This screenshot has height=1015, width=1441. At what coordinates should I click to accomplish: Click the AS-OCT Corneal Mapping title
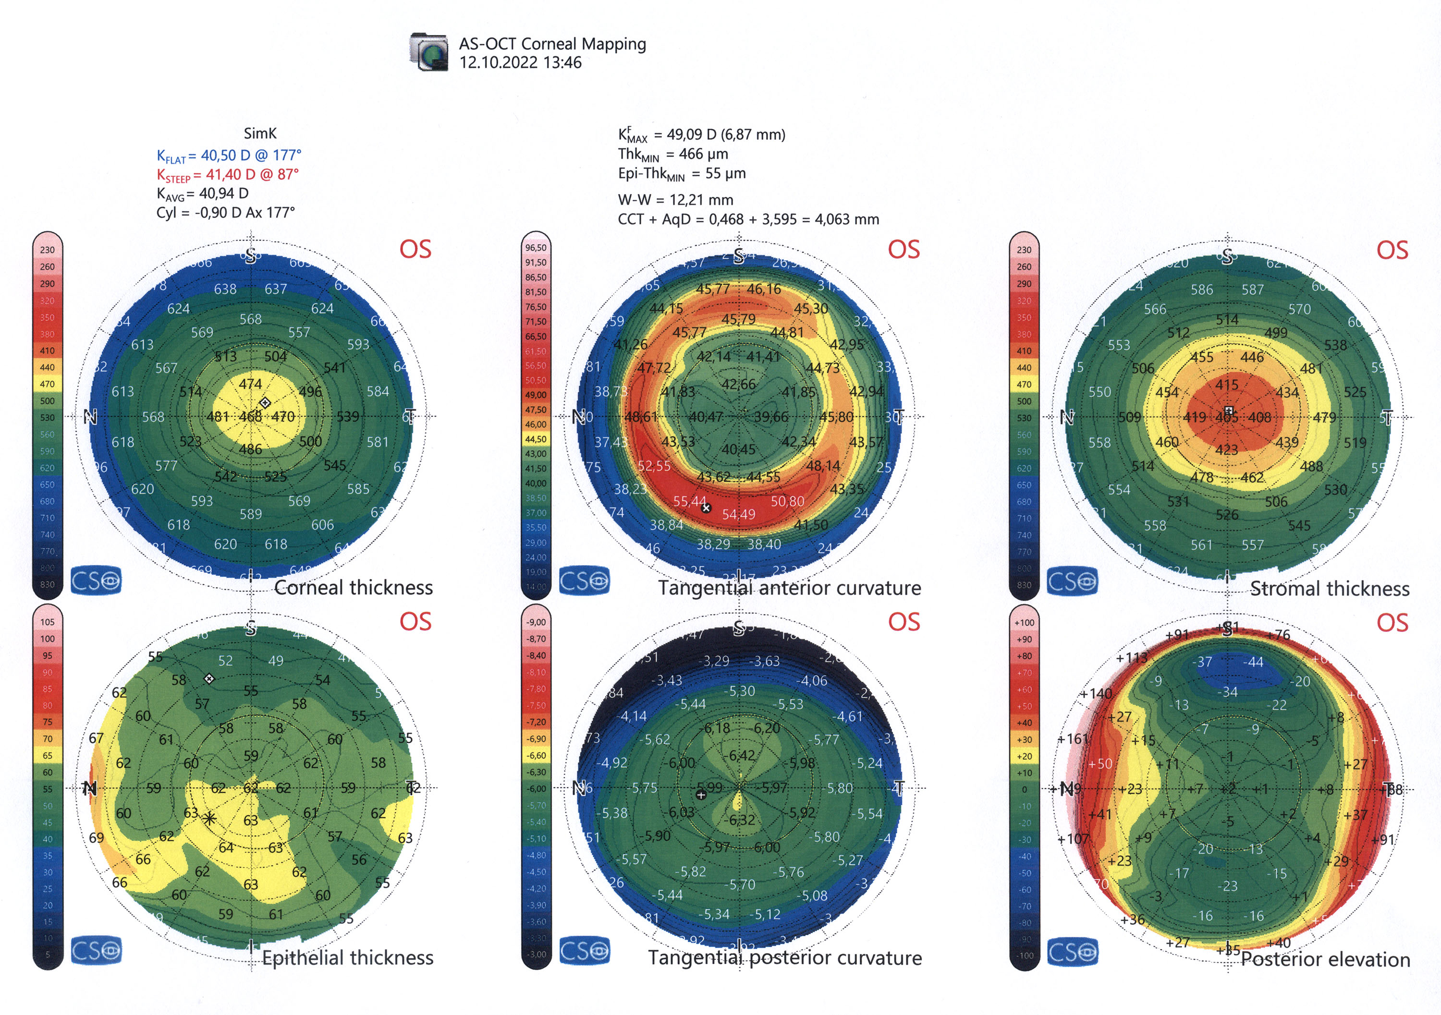(x=552, y=44)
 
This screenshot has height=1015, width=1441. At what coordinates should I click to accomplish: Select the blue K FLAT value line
(x=229, y=155)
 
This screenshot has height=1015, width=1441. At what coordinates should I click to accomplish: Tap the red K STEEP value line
(x=228, y=174)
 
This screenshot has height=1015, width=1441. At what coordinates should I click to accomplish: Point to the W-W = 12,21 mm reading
(x=675, y=200)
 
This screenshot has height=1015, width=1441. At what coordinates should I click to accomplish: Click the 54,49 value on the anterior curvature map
(x=739, y=514)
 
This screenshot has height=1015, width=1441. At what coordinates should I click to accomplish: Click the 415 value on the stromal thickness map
(x=1226, y=385)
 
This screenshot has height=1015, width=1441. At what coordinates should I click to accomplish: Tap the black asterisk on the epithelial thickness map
(x=209, y=818)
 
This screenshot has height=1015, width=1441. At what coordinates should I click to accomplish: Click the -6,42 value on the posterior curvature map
(x=741, y=755)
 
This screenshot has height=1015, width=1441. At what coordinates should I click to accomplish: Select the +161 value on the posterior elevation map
(x=1073, y=739)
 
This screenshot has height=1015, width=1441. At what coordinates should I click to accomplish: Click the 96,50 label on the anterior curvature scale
(x=536, y=248)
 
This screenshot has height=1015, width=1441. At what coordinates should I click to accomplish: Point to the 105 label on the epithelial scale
(x=47, y=622)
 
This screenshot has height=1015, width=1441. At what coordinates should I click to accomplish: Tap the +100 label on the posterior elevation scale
(x=1024, y=622)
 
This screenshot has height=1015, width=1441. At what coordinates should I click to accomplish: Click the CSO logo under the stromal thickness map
(x=1072, y=581)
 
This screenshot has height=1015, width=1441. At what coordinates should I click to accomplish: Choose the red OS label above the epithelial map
(x=415, y=622)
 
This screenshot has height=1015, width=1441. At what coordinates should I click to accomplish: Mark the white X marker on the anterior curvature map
(x=706, y=508)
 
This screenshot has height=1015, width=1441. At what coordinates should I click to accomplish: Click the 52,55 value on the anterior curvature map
(x=654, y=466)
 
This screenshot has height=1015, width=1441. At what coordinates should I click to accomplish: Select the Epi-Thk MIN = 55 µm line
(x=682, y=174)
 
